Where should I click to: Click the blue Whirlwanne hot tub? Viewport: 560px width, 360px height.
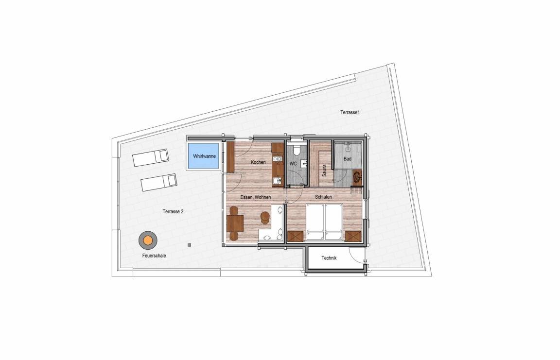204,156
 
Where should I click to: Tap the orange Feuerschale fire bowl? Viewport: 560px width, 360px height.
148,240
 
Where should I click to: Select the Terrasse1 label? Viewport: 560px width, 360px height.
350,112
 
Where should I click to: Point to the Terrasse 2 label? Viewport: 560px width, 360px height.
173,211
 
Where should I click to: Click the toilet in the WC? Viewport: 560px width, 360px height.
296,150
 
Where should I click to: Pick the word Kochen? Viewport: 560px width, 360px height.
258,162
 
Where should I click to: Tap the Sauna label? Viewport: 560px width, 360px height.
324,170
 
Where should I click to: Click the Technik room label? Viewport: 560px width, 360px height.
329,258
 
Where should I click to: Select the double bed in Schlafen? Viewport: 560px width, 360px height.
325,222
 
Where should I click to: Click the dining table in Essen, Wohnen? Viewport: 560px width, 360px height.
235,223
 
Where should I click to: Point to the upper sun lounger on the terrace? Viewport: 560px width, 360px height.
150,158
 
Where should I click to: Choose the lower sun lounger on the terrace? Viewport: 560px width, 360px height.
159,182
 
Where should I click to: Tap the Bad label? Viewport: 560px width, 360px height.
348,159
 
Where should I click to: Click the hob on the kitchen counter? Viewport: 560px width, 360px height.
278,159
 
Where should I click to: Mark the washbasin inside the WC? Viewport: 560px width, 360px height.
304,164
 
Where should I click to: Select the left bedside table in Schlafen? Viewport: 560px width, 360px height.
296,236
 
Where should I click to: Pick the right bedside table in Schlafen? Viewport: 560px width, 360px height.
353,236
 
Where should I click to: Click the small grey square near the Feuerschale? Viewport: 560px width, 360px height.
189,245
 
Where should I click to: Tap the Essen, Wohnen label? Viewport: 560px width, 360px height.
255,197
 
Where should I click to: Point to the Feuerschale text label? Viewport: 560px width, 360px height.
154,256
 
